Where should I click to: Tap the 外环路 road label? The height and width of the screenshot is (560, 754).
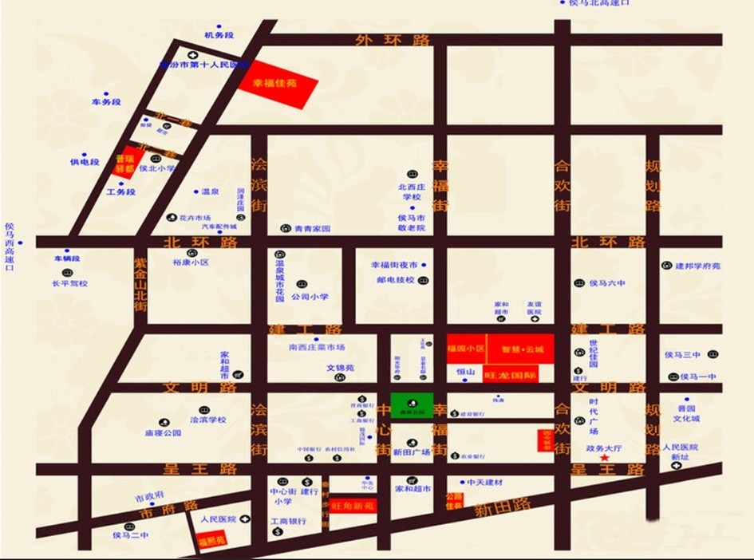coord(393,40)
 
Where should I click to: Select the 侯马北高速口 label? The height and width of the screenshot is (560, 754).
coord(599,3)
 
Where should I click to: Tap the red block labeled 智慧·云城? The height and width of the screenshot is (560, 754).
coord(522,349)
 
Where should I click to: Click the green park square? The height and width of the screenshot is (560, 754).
coord(412,405)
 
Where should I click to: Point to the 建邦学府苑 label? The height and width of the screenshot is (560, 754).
coord(697,266)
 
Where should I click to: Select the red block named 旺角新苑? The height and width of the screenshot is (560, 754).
coord(353,505)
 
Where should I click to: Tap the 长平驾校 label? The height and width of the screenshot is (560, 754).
coord(70,283)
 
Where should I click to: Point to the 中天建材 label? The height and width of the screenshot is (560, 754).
coord(484,483)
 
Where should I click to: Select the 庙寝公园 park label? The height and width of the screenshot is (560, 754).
coord(163,433)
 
